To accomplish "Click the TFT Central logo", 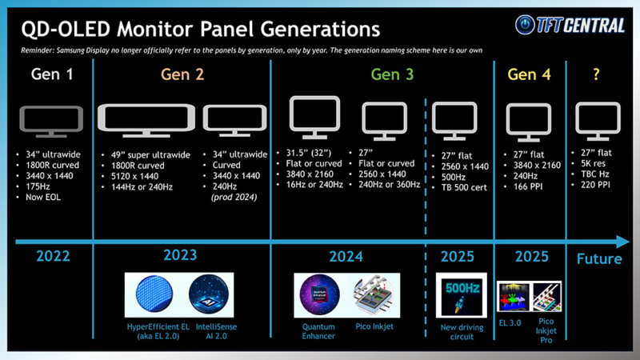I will (570, 25).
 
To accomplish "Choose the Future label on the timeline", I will (599, 258).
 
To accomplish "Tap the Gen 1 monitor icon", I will (51, 120).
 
